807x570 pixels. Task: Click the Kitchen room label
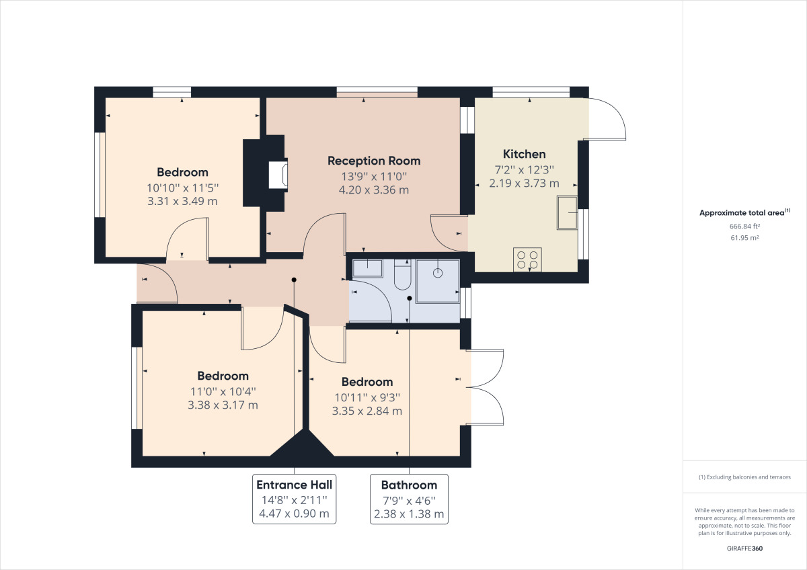tap(524, 154)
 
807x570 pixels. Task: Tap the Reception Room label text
tap(374, 161)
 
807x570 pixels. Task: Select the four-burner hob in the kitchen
tap(528, 259)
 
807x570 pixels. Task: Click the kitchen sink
tap(566, 212)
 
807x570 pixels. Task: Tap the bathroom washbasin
tap(367, 268)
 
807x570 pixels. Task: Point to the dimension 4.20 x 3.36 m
tap(374, 190)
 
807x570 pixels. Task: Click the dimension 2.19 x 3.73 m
tap(524, 183)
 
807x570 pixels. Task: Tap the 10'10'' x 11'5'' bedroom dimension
tap(182, 188)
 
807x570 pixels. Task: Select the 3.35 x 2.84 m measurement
tap(367, 411)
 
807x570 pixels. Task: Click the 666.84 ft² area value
tap(744, 227)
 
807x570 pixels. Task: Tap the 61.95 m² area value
tap(744, 238)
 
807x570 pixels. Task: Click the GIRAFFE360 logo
tap(744, 548)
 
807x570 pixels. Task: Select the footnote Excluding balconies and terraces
tap(744, 477)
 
